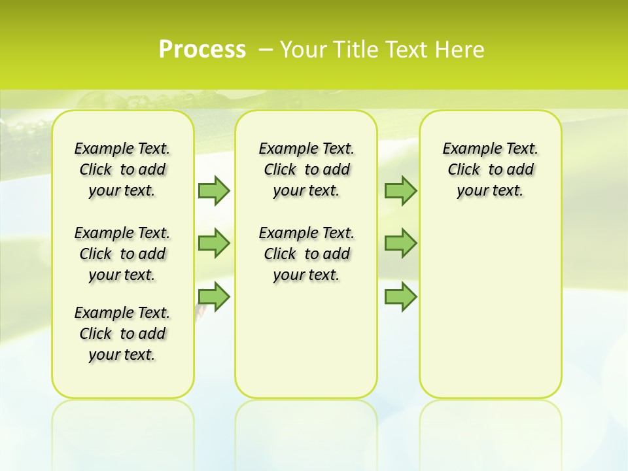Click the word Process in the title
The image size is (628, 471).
[202, 50]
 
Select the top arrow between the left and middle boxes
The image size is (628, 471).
[214, 191]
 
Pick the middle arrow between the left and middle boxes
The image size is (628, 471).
[214, 243]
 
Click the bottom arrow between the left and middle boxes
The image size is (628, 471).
[214, 296]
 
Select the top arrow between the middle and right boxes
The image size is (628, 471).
[400, 191]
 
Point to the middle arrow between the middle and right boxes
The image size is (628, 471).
[400, 243]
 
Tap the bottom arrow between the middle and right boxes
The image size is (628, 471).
[400, 296]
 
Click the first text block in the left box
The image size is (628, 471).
[122, 169]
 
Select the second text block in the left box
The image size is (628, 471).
[122, 254]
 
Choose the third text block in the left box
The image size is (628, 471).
[122, 334]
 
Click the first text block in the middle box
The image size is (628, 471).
[307, 169]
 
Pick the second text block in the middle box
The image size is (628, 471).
[307, 254]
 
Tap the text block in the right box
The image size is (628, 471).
[491, 169]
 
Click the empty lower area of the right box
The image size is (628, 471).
[491, 307]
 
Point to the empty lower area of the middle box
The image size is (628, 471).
[306, 340]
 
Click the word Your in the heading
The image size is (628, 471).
[304, 50]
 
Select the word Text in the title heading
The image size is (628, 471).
[405, 50]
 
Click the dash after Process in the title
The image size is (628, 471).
[266, 50]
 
